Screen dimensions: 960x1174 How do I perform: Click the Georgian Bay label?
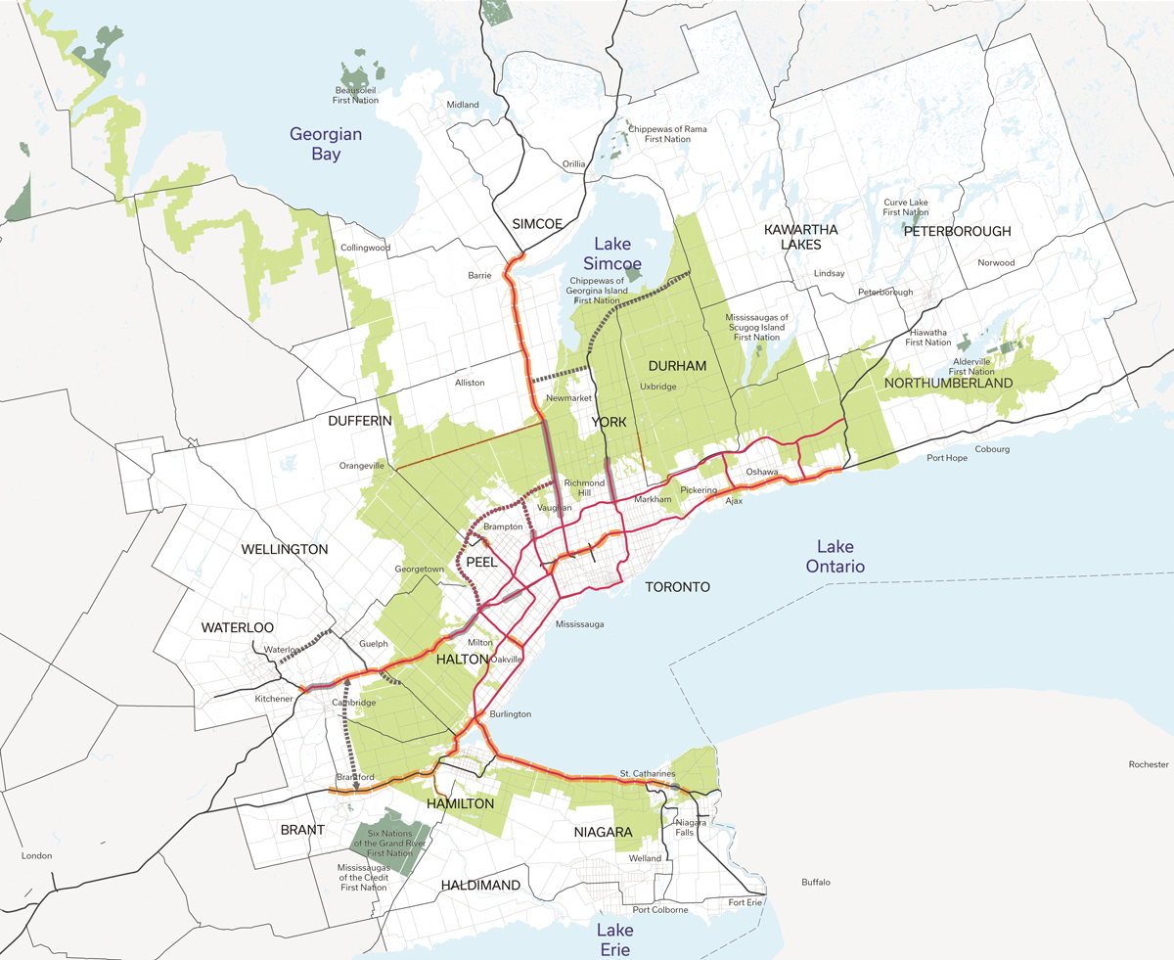click(x=326, y=144)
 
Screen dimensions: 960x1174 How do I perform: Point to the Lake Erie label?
click(x=616, y=939)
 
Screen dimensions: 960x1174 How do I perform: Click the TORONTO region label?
click(x=677, y=587)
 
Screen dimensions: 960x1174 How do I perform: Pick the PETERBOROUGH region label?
click(x=957, y=232)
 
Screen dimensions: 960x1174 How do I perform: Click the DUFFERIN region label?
click(x=359, y=420)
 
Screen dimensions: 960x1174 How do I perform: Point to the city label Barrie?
click(x=479, y=275)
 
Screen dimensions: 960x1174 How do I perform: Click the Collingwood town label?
click(x=365, y=248)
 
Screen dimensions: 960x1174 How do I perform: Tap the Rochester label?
click(x=1148, y=764)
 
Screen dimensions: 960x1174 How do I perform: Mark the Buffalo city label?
click(x=815, y=883)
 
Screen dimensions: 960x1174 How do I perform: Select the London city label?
click(x=36, y=855)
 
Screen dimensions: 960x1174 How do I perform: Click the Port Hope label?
click(x=948, y=458)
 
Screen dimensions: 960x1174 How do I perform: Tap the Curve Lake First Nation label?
click(x=905, y=206)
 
